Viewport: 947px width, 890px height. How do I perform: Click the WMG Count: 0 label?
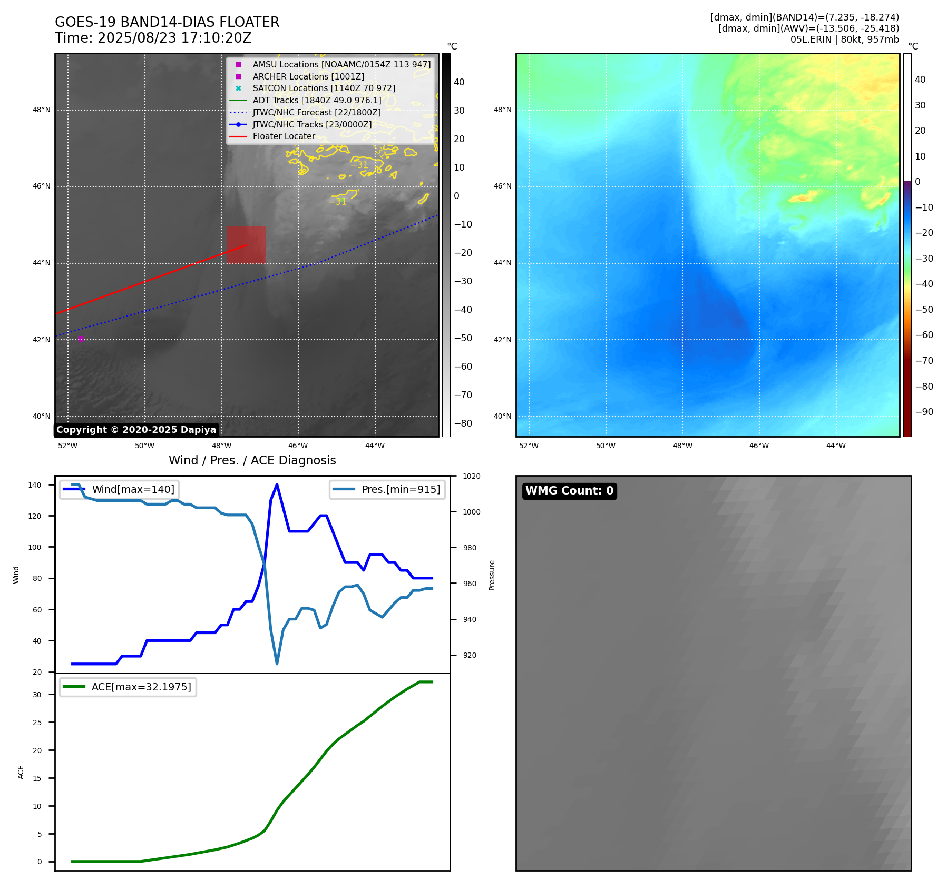point(569,491)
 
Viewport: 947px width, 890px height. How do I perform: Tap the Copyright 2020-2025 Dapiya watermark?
point(136,430)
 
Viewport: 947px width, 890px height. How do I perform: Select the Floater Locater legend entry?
point(284,136)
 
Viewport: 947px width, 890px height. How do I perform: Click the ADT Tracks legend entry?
point(316,100)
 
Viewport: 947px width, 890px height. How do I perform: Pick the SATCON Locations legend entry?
point(324,88)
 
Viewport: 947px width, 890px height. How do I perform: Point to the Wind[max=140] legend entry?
point(133,489)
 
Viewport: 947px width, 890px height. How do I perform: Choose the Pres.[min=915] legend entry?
point(401,489)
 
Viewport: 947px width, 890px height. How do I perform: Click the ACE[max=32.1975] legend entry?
point(141,687)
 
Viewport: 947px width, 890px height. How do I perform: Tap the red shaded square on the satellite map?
point(246,245)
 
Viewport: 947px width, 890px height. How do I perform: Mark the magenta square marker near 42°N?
point(81,339)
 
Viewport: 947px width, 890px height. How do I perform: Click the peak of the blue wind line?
point(277,484)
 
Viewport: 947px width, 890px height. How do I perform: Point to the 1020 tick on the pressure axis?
point(471,476)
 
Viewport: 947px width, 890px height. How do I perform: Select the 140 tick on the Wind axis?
point(35,485)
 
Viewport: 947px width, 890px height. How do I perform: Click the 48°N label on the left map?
point(42,110)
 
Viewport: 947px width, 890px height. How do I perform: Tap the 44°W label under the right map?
point(836,446)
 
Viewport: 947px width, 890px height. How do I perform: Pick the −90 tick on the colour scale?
point(924,412)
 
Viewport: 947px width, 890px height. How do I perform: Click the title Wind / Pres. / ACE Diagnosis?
point(252,460)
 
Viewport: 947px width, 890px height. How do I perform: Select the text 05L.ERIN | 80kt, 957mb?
point(844,39)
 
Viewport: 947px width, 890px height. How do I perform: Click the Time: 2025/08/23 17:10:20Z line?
point(153,38)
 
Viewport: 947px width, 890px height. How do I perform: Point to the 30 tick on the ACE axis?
point(37,695)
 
